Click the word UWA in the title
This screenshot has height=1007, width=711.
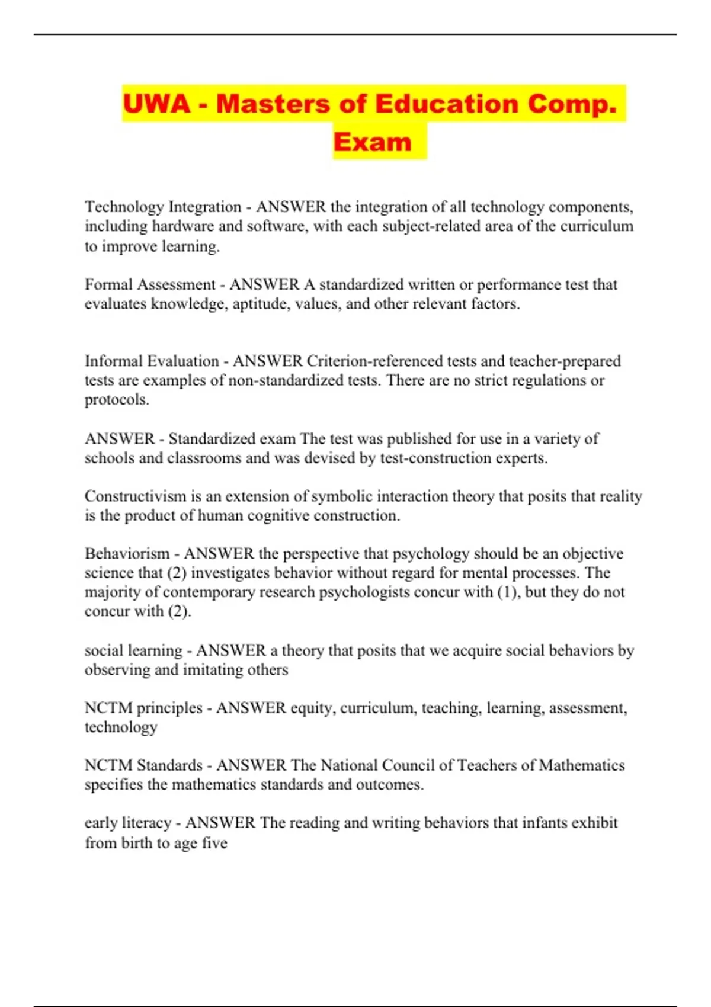(156, 104)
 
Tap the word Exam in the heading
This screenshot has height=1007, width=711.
(372, 142)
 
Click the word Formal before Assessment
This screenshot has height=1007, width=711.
(108, 284)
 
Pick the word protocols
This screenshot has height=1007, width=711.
(116, 400)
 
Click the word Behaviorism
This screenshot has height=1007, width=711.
(127, 553)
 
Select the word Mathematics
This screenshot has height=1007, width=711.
(582, 765)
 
